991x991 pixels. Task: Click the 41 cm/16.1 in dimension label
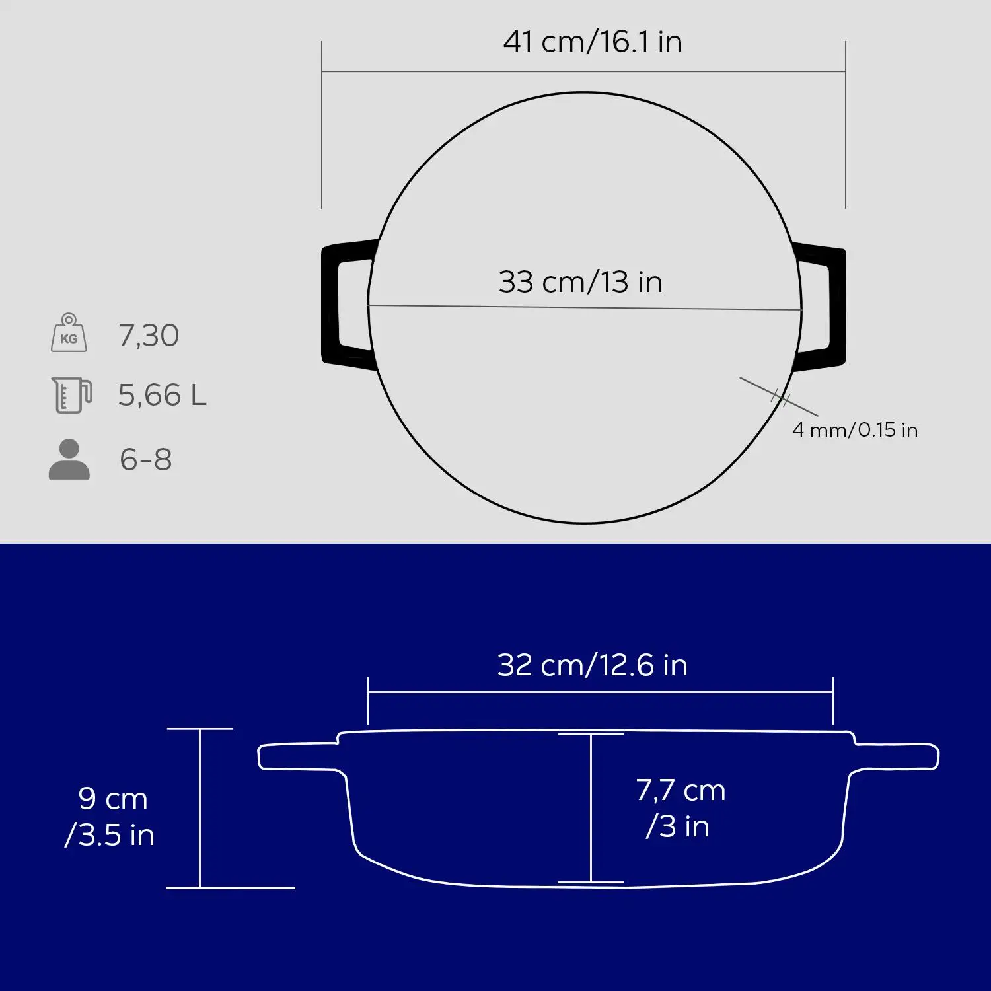point(593,42)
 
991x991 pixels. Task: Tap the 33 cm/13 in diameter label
point(581,282)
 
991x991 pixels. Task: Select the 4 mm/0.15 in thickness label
point(855,430)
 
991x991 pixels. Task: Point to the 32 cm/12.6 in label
point(593,665)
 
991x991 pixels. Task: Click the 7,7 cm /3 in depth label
point(680,808)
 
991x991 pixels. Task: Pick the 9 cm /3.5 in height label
point(110,817)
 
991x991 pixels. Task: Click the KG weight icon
point(69,333)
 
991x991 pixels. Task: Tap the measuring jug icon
point(72,395)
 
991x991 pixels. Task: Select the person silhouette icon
point(69,459)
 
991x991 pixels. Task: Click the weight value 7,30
point(149,336)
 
